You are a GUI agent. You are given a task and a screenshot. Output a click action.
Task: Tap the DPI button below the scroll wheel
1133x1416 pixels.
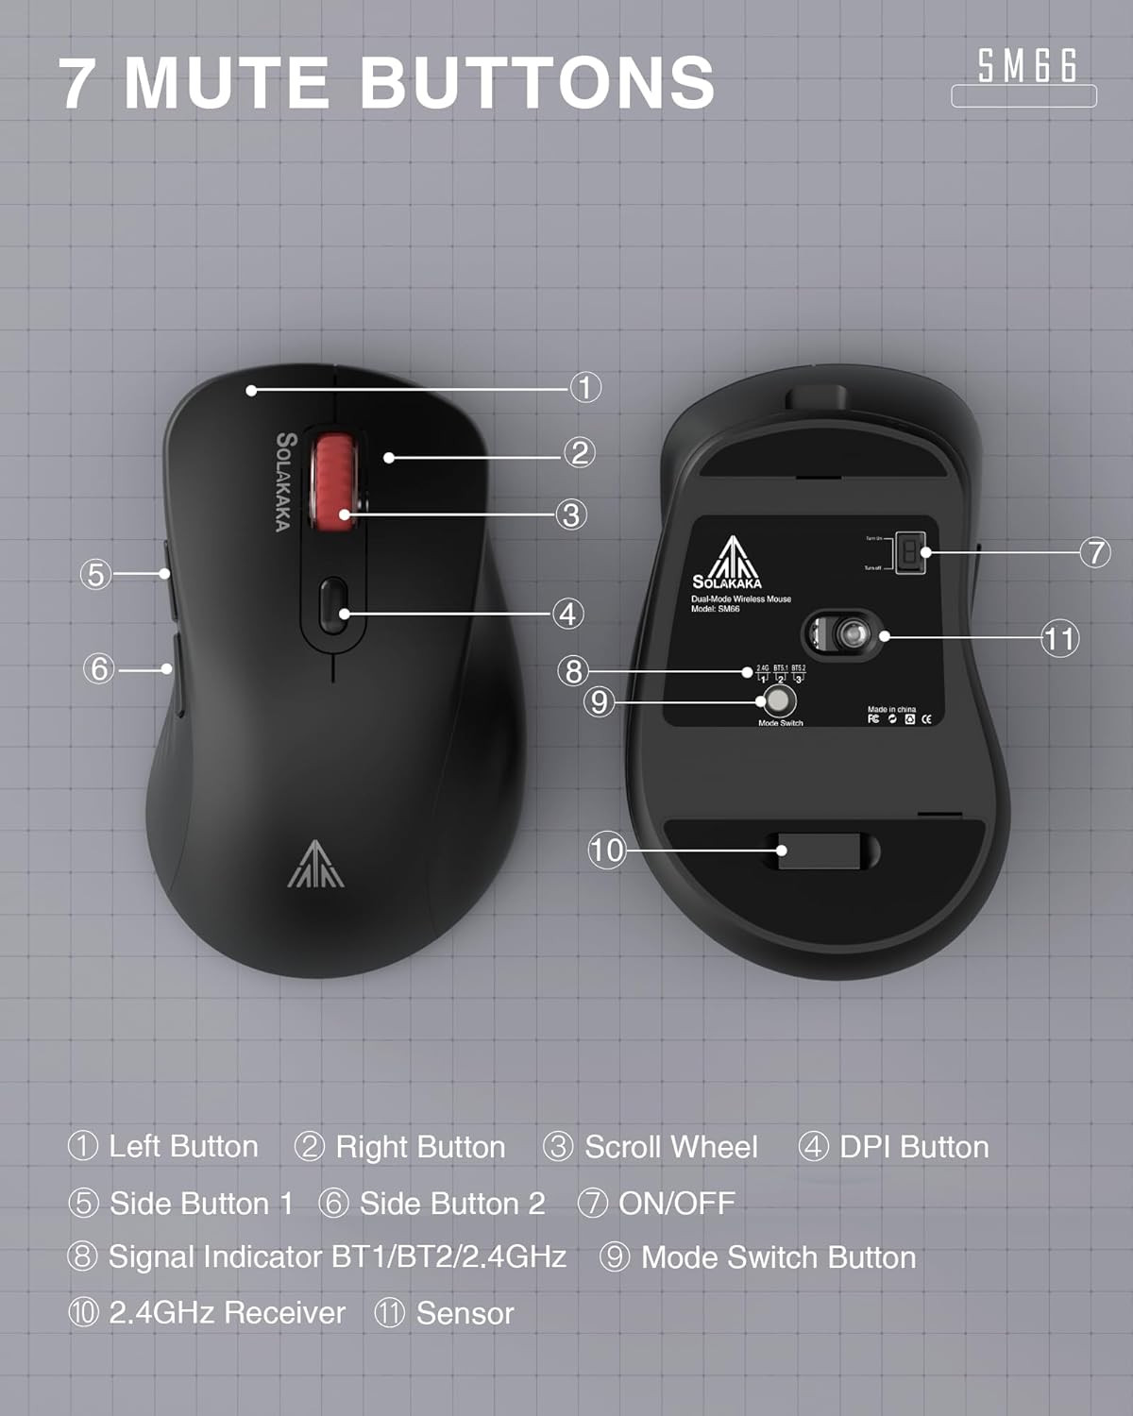click(x=332, y=605)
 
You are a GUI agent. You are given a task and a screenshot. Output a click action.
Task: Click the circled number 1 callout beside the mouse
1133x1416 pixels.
click(x=585, y=387)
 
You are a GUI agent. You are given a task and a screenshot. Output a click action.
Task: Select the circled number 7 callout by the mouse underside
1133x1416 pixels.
click(x=1095, y=552)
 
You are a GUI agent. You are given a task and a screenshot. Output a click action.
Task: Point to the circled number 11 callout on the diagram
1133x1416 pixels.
click(x=1059, y=639)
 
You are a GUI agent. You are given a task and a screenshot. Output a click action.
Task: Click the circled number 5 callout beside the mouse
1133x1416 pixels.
click(x=95, y=574)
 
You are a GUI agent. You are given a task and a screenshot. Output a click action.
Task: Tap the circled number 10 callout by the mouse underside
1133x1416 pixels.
click(x=606, y=851)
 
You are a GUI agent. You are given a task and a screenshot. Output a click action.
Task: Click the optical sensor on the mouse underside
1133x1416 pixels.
click(x=849, y=633)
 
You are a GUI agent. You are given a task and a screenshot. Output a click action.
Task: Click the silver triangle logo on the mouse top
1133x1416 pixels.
click(x=315, y=864)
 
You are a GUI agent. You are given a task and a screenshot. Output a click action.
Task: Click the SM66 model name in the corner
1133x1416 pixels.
click(x=1026, y=66)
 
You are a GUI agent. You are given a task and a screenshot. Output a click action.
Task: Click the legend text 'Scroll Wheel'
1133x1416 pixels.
click(x=670, y=1147)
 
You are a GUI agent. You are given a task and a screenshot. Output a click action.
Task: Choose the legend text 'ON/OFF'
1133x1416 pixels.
click(x=676, y=1204)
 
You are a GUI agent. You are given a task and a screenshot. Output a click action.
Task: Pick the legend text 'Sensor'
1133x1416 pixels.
click(x=465, y=1313)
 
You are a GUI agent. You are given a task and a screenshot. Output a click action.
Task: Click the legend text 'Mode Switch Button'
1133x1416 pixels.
click(x=778, y=1257)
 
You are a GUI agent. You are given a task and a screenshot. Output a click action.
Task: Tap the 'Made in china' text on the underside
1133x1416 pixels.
click(x=891, y=709)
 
